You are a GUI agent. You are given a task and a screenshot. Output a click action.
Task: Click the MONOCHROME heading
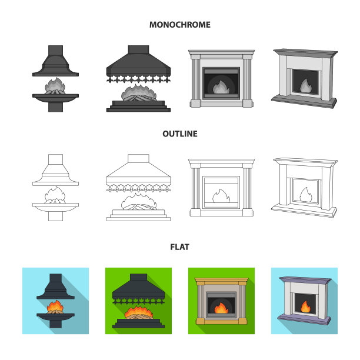click(180, 25)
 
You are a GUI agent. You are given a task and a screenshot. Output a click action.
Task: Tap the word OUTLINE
click(180, 134)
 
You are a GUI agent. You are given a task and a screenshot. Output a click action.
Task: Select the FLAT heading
click(180, 247)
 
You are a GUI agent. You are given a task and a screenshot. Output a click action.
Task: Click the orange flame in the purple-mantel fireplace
click(305, 306)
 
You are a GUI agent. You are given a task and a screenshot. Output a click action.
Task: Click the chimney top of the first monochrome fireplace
click(55, 50)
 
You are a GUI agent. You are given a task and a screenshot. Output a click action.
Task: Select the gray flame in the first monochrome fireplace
click(55, 85)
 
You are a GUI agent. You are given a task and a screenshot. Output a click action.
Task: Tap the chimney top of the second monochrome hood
click(138, 49)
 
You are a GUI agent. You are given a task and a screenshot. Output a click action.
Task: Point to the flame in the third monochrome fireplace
click(221, 87)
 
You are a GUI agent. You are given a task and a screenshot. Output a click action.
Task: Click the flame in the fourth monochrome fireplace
click(305, 86)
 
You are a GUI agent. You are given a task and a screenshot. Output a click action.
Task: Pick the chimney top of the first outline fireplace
click(55, 159)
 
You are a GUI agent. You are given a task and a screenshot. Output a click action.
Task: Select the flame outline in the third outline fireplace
click(221, 196)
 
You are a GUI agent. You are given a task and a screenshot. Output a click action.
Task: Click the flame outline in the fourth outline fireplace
click(305, 195)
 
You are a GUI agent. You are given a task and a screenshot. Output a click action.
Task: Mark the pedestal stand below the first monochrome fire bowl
click(55, 107)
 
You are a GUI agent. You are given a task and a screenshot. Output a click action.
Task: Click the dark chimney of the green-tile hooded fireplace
click(138, 277)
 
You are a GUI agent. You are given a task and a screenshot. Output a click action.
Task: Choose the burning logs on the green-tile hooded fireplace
click(139, 316)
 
